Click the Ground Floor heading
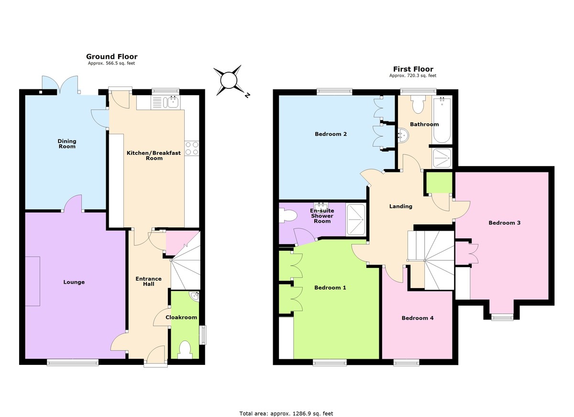pyautogui.click(x=111, y=56)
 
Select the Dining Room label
pyautogui.click(x=67, y=143)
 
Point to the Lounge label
pyautogui.click(x=74, y=282)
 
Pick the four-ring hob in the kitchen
pyautogui.click(x=192, y=149)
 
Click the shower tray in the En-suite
pyautogui.click(x=356, y=219)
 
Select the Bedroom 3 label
pyautogui.click(x=504, y=223)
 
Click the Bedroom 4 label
pyautogui.click(x=417, y=318)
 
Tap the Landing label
pyautogui.click(x=400, y=206)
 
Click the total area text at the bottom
pyautogui.click(x=286, y=413)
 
